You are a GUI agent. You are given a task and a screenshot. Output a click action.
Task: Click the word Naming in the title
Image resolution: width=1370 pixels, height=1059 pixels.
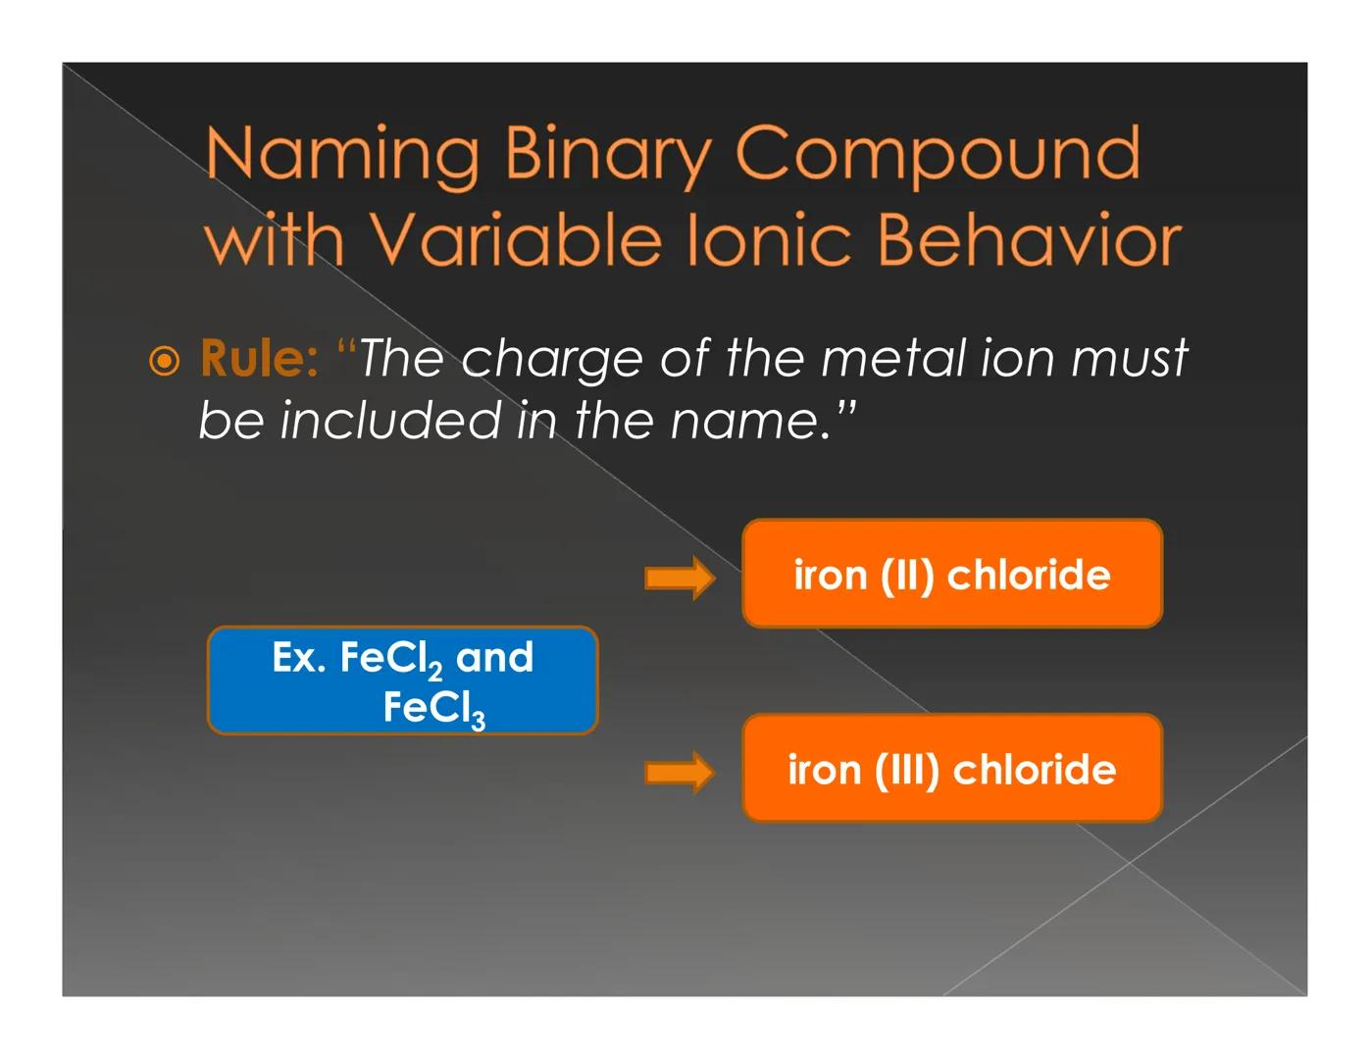pyautogui.click(x=342, y=155)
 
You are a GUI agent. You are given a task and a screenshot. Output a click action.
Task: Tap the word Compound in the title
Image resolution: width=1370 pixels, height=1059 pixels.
pyautogui.click(x=938, y=155)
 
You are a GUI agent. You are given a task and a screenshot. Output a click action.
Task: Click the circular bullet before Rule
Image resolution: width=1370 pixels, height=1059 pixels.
pyautogui.click(x=165, y=362)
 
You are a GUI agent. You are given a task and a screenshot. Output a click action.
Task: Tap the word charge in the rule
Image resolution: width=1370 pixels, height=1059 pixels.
pyautogui.click(x=551, y=360)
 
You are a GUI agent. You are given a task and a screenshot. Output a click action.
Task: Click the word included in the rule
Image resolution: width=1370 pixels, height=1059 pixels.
pyautogui.click(x=391, y=421)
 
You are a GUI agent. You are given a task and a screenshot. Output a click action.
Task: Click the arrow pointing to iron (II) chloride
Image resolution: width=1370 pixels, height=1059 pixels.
pyautogui.click(x=680, y=578)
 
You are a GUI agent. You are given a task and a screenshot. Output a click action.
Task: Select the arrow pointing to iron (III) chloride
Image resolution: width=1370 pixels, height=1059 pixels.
pyautogui.click(x=680, y=772)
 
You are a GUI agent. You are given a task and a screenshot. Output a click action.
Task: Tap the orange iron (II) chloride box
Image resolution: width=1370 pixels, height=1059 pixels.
pyautogui.click(x=952, y=574)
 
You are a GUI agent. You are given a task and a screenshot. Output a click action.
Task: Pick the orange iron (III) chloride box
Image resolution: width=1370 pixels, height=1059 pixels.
pyautogui.click(x=952, y=769)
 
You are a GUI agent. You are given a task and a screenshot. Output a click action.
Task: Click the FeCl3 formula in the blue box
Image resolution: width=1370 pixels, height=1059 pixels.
pyautogui.click(x=433, y=709)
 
